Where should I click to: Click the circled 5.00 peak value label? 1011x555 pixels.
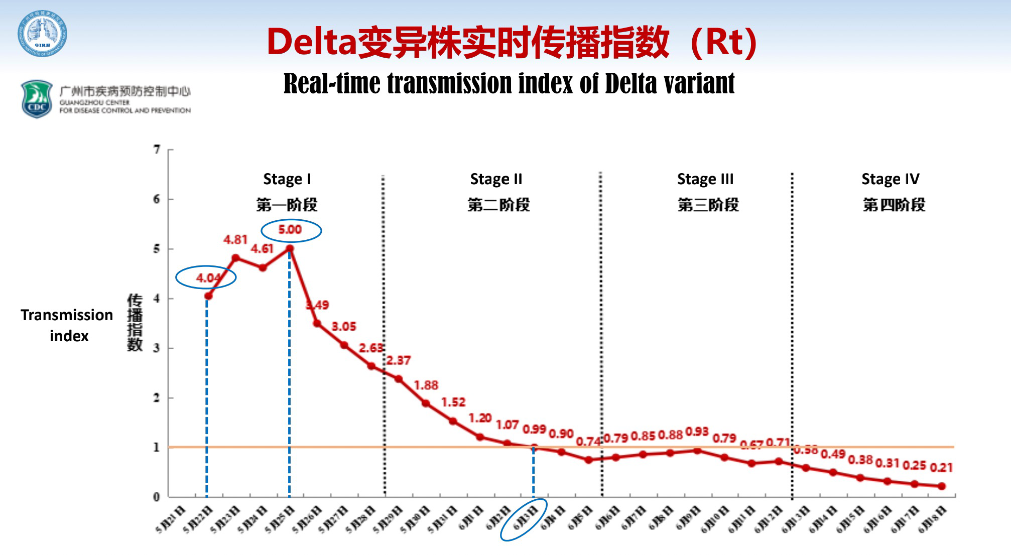click(290, 230)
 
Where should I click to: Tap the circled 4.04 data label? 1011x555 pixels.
click(207, 277)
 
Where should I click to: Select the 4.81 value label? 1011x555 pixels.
click(235, 240)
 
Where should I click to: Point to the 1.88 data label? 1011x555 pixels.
click(426, 385)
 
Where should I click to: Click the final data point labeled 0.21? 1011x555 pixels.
click(941, 486)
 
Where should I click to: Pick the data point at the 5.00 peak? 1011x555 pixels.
click(290, 248)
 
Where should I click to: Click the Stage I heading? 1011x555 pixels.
click(287, 179)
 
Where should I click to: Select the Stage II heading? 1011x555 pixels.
click(496, 179)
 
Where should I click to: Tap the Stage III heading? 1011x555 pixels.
click(705, 179)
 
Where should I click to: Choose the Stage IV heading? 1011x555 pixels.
click(891, 179)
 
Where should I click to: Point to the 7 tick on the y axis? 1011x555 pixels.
click(157, 150)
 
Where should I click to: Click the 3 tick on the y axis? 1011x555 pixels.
click(157, 348)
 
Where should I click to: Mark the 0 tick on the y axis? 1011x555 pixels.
click(157, 497)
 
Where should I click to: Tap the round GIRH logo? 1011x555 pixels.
click(43, 34)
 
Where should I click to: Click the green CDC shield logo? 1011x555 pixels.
click(37, 99)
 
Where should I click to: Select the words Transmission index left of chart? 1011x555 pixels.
click(67, 325)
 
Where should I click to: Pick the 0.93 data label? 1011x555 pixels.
click(697, 432)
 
